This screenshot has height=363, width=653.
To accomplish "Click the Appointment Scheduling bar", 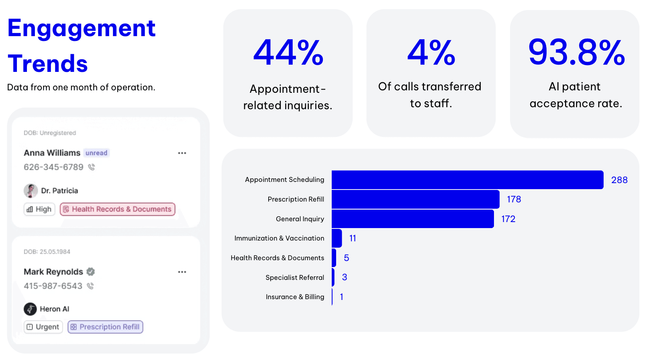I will [x=467, y=179].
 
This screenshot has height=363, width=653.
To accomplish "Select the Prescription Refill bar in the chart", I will [x=415, y=199].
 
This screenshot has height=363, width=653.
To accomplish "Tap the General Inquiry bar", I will [x=412, y=219].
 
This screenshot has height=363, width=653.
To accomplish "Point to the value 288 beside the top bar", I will [x=619, y=180].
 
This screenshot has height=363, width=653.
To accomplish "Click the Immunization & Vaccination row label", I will [x=279, y=238].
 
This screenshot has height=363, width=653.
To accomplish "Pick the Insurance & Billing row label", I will [x=295, y=297].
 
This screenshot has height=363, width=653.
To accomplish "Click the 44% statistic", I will [x=288, y=53].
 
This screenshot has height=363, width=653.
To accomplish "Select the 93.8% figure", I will [x=576, y=53].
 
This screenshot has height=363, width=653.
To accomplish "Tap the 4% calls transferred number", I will [x=431, y=53].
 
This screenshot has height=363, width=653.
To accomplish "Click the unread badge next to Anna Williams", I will [x=96, y=153].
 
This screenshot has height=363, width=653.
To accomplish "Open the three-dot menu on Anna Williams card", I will [x=182, y=153].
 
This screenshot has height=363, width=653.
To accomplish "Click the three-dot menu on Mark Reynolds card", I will [x=182, y=272].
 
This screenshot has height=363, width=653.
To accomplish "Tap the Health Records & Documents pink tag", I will [x=118, y=209].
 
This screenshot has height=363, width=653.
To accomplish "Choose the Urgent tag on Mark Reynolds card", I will [x=43, y=327].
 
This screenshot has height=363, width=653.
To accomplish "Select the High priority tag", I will [x=39, y=209].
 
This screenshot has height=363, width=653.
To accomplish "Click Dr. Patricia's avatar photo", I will [x=31, y=191].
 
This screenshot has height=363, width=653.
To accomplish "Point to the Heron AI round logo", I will [x=30, y=309].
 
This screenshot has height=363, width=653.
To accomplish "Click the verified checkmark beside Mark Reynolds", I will [x=91, y=272].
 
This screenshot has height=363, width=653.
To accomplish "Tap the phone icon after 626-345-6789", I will [x=92, y=167].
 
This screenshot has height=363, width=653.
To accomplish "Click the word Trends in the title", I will [x=48, y=63].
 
